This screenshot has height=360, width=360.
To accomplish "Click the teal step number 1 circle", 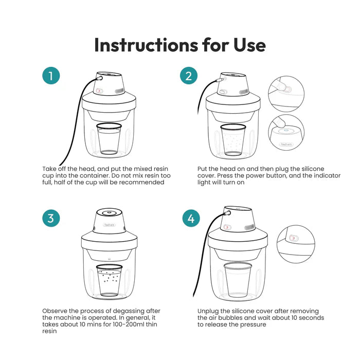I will [x=51, y=77].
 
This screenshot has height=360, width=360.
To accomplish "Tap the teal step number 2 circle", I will [x=189, y=77].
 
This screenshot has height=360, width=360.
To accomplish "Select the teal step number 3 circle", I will [x=51, y=218].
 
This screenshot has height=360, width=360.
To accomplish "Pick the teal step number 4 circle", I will [x=191, y=219].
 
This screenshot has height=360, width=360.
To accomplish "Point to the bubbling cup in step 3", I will [x=109, y=280].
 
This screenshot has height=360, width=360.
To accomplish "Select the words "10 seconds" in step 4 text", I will [x=305, y=318].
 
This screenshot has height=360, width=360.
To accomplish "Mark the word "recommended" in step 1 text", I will [x=141, y=182].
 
